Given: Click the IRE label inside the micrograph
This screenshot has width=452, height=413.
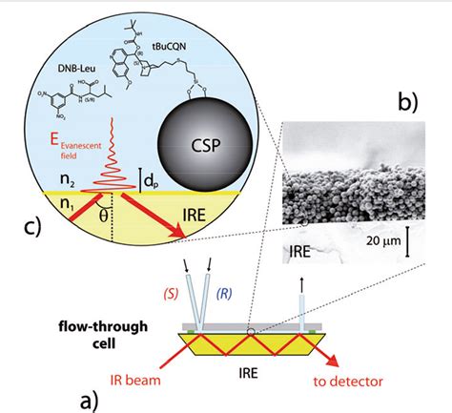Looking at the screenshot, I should point(299,251).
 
